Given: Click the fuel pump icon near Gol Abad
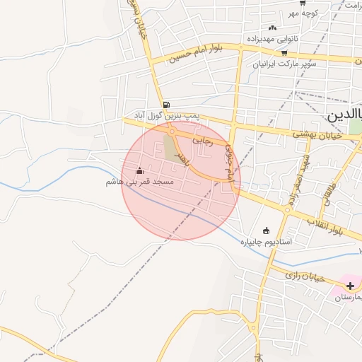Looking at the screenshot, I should coord(165,104).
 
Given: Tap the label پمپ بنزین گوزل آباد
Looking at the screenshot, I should coord(168,115).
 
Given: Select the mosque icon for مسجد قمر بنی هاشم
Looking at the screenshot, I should coord(139,171).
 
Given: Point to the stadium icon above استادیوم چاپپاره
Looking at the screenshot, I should coord(266,230).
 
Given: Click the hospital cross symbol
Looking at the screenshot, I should coord(350,286).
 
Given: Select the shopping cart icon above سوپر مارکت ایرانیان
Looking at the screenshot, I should coord(284,52).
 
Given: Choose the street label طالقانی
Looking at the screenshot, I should coord(329,192).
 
